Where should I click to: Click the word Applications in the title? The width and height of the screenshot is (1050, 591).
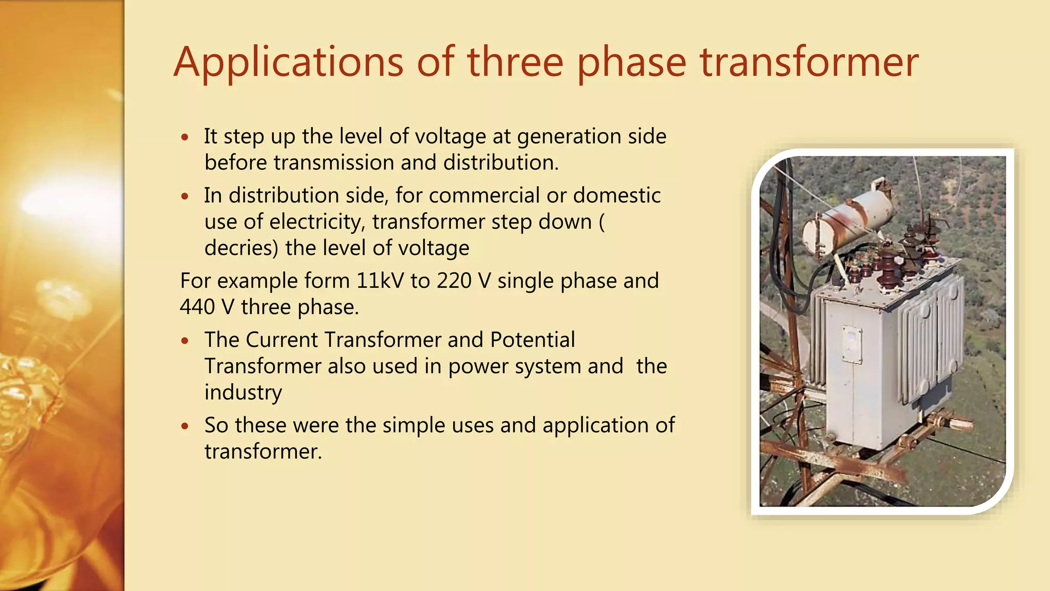point(288,63)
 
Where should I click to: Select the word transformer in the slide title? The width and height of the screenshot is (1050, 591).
point(810,63)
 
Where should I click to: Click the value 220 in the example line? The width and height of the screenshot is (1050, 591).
point(454,281)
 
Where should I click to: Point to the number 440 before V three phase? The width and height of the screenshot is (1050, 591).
point(197,307)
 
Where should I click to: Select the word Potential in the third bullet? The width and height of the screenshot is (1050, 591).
point(532,340)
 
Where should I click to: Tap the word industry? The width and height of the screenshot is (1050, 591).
point(243,392)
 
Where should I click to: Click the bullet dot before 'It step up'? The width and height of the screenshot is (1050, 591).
point(185,137)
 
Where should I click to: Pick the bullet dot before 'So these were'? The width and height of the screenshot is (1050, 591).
point(185,426)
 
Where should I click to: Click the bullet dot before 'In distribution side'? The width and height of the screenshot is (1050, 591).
point(185,196)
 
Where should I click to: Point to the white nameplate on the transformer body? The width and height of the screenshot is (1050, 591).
point(851,344)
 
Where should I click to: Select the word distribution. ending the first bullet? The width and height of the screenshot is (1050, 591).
point(500,163)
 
